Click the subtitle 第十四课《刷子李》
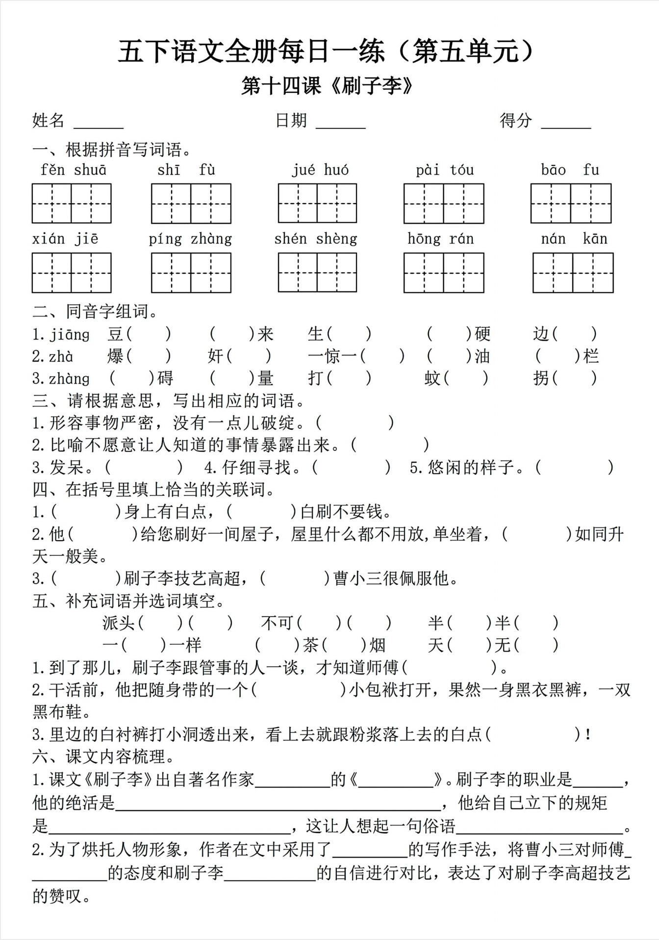point(327,86)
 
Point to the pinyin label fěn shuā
point(74,170)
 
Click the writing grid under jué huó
point(317,204)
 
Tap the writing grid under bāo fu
point(571,204)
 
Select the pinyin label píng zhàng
point(190,239)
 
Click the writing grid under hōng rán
point(444,273)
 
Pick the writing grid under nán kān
point(573,273)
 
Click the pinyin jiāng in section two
point(69,335)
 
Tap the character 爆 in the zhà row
point(116,356)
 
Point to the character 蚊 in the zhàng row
point(433,378)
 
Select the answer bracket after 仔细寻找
point(351,468)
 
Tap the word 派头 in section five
point(119,623)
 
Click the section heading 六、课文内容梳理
point(103,757)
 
